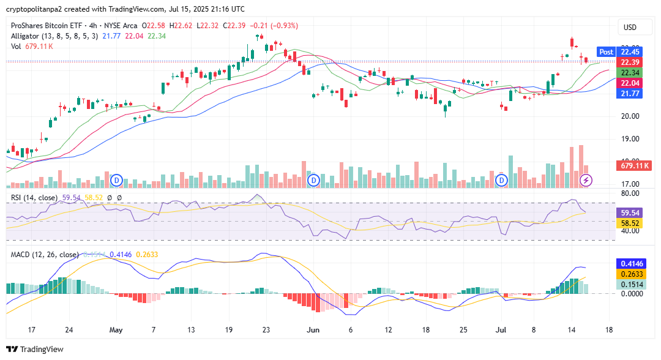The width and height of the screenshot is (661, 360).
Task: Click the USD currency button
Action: pyautogui.click(x=630, y=28)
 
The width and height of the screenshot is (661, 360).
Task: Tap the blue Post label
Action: pyautogui.click(x=606, y=52)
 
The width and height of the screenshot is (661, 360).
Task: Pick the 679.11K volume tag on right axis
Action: pyautogui.click(x=633, y=165)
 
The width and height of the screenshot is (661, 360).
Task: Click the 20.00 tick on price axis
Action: pyautogui.click(x=630, y=116)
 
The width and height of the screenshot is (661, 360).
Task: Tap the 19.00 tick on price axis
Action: pyautogui.click(x=630, y=139)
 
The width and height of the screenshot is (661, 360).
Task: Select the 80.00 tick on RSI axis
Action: pyautogui.click(x=630, y=193)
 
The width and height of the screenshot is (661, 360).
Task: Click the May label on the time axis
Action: pyautogui.click(x=116, y=330)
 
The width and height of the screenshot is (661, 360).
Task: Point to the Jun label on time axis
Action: pyautogui.click(x=313, y=330)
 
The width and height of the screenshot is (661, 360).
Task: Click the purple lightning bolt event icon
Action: pyautogui.click(x=586, y=180)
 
